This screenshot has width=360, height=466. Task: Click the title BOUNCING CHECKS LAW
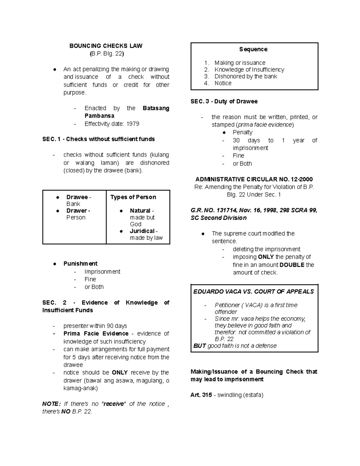[106, 46]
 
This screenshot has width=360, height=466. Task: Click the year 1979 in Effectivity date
[133, 124]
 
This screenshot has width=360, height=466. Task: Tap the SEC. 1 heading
[98, 139]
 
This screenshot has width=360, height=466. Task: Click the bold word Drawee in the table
[77, 197]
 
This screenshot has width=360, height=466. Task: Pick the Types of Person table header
[133, 197]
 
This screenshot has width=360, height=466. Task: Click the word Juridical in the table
[142, 231]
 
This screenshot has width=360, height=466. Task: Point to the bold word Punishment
[80, 264]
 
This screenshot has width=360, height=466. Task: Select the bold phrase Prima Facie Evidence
[96, 334]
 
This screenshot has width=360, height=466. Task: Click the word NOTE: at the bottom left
[52, 404]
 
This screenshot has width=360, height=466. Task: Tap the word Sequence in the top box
[253, 49]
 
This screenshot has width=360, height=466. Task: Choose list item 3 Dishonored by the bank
[246, 77]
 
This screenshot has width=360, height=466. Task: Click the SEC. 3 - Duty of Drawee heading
[224, 101]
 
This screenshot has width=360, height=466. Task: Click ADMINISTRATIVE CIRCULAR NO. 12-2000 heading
[254, 179]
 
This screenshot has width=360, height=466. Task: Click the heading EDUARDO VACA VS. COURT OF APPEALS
[253, 292]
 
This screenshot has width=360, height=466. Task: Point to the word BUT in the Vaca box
[199, 346]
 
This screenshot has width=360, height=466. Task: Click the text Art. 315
[201, 395]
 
